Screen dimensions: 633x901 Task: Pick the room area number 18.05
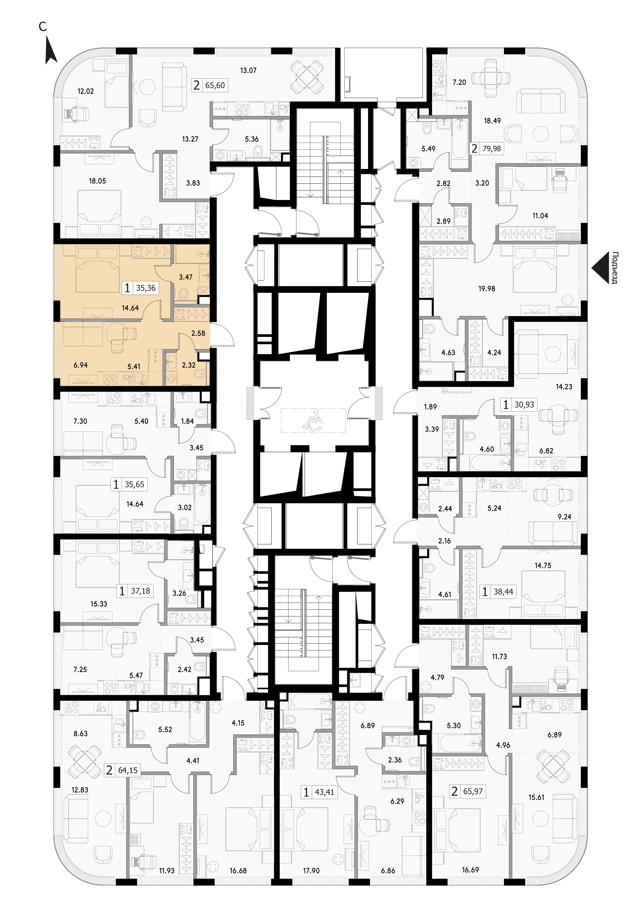click(97, 181)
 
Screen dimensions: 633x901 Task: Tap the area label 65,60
click(215, 85)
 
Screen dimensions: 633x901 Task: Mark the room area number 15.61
click(536, 797)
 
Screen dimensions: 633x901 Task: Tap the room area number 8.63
click(80, 734)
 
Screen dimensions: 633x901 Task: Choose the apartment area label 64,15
click(128, 770)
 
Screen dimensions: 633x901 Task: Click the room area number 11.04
click(540, 215)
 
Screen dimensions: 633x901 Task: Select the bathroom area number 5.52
click(165, 730)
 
